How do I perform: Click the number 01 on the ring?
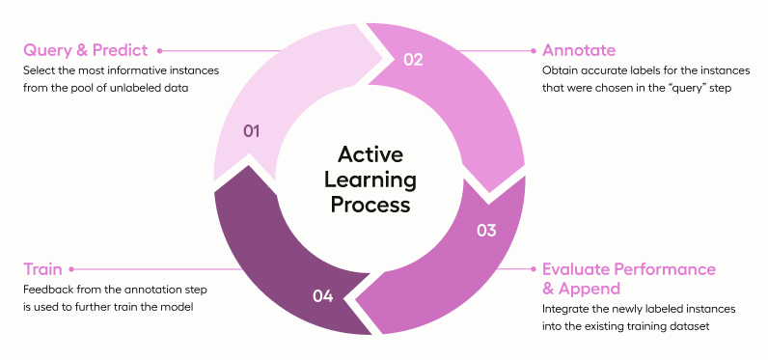(251, 131)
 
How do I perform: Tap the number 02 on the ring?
(413, 60)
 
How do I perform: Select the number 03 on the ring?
(486, 231)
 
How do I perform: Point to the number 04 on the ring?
(323, 296)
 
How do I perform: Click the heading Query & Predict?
(85, 50)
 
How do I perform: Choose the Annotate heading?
(579, 50)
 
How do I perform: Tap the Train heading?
(42, 269)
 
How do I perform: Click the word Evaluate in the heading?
(576, 269)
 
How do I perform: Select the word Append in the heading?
(590, 289)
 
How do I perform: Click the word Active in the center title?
(370, 154)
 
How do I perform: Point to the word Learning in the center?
(370, 180)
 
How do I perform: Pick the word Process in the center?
(370, 205)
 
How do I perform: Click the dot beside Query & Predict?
(159, 50)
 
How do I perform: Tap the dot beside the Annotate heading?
(534, 50)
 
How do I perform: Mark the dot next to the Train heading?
(71, 269)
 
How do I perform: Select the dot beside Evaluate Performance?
(534, 269)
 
